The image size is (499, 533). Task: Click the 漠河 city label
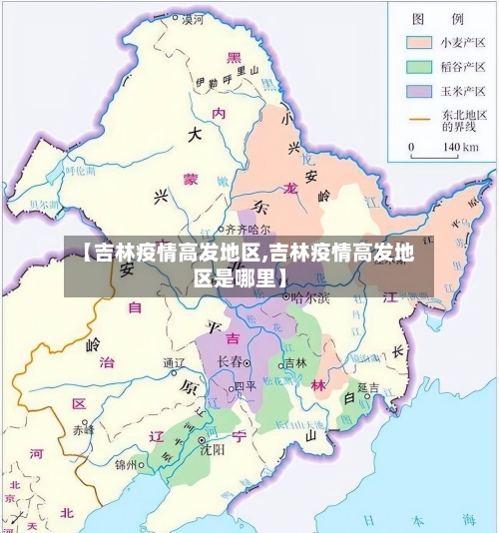tap(193, 19)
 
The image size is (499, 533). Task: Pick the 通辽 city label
tap(175, 362)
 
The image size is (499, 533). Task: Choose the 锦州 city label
tap(128, 464)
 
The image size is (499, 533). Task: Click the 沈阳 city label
tap(211, 450)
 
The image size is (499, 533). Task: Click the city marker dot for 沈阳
tap(203, 439)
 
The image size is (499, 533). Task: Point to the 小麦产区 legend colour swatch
tap(418, 43)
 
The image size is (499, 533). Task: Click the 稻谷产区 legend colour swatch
tap(418, 68)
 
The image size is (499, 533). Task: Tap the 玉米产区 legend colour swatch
tap(418, 92)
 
